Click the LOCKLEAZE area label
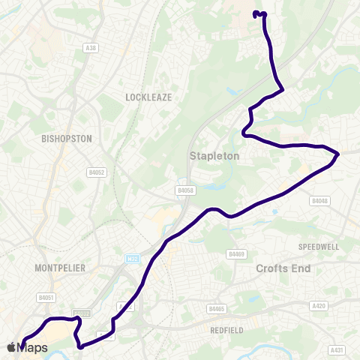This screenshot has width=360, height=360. (x=149, y=97)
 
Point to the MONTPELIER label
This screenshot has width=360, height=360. (x=60, y=268)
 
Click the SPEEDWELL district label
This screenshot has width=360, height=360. (x=319, y=246)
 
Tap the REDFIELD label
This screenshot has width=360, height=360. (x=226, y=328)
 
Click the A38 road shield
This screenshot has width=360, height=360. (x=91, y=47)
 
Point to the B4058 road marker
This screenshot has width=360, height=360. (x=185, y=190)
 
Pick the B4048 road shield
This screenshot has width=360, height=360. (x=319, y=200)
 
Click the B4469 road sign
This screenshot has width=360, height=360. (x=237, y=254)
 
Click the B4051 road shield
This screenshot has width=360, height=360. (x=46, y=298)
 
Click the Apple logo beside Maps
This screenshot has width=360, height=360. (x=11, y=347)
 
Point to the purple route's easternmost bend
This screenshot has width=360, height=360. (x=338, y=154)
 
